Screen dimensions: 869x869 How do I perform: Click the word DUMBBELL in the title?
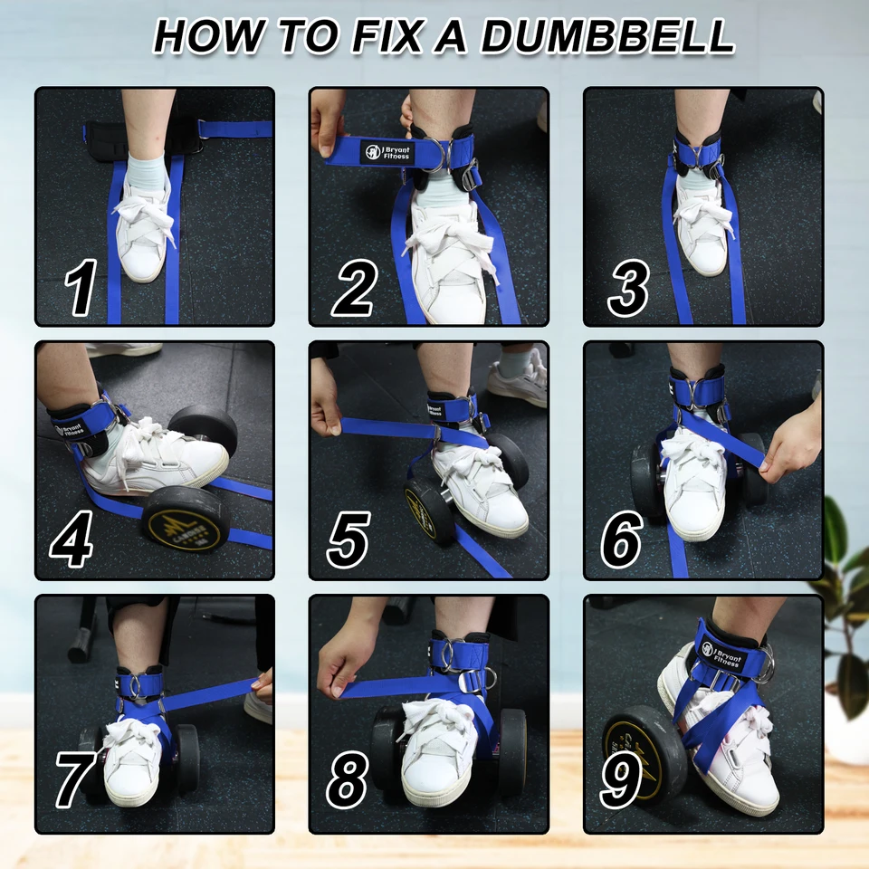pyautogui.click(x=607, y=36)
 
